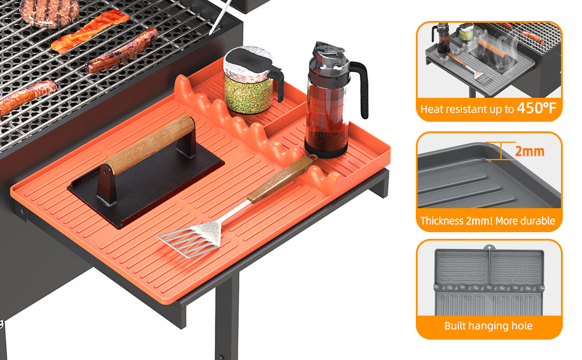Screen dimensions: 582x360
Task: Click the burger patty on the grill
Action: pos(49,13)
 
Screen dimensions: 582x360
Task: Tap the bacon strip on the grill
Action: pos(90,31)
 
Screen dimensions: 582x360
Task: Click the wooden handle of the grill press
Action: pos(151,145)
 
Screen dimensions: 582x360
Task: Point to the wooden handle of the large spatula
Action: pos(282,179)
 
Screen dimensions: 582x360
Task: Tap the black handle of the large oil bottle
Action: pos(359,88)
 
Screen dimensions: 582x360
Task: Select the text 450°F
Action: pos(536,108)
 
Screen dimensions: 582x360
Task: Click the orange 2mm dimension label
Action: pos(530,151)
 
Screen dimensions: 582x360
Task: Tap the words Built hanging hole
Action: pos(488,326)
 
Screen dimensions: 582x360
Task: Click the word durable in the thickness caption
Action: pos(537,221)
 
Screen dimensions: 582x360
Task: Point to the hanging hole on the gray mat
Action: pos(489,247)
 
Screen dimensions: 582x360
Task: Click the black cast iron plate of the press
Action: pos(145,185)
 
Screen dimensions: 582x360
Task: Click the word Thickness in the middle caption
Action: pos(442,221)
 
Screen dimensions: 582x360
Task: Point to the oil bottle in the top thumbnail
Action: pos(442,38)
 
